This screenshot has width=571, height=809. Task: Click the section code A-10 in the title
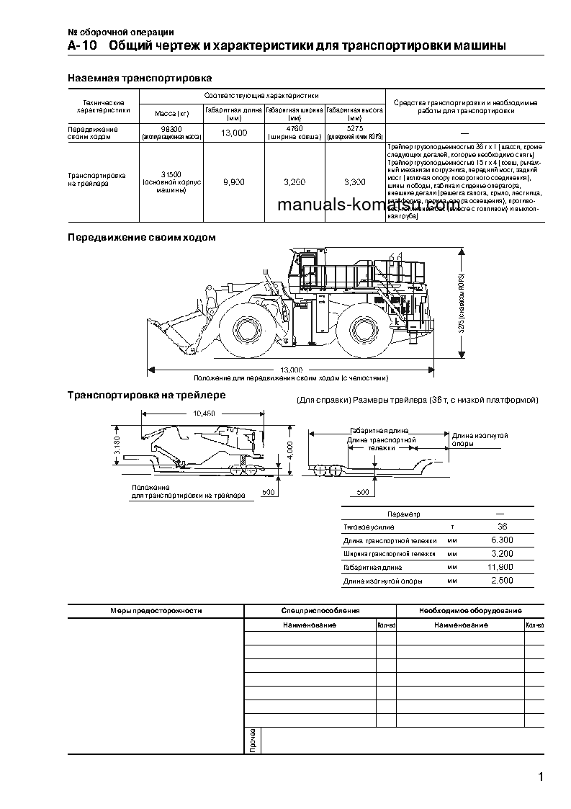pos(78,46)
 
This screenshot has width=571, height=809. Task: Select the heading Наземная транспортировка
pos(139,78)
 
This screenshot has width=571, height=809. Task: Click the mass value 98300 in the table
pos(171,128)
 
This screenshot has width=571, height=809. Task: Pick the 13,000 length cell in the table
pos(234,133)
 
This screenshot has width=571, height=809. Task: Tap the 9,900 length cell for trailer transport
pos(234,182)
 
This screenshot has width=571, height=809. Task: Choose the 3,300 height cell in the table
pos(354,182)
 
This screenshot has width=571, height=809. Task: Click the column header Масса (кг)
pos(171,114)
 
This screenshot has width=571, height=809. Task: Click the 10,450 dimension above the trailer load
pos(204,414)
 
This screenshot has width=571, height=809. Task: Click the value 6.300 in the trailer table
pos(501,540)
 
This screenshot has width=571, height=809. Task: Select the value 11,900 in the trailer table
pos(501,567)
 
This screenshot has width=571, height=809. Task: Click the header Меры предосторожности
pos(156,611)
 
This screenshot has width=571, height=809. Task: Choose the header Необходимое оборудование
pos(470,611)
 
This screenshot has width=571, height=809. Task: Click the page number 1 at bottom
pos(540,776)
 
